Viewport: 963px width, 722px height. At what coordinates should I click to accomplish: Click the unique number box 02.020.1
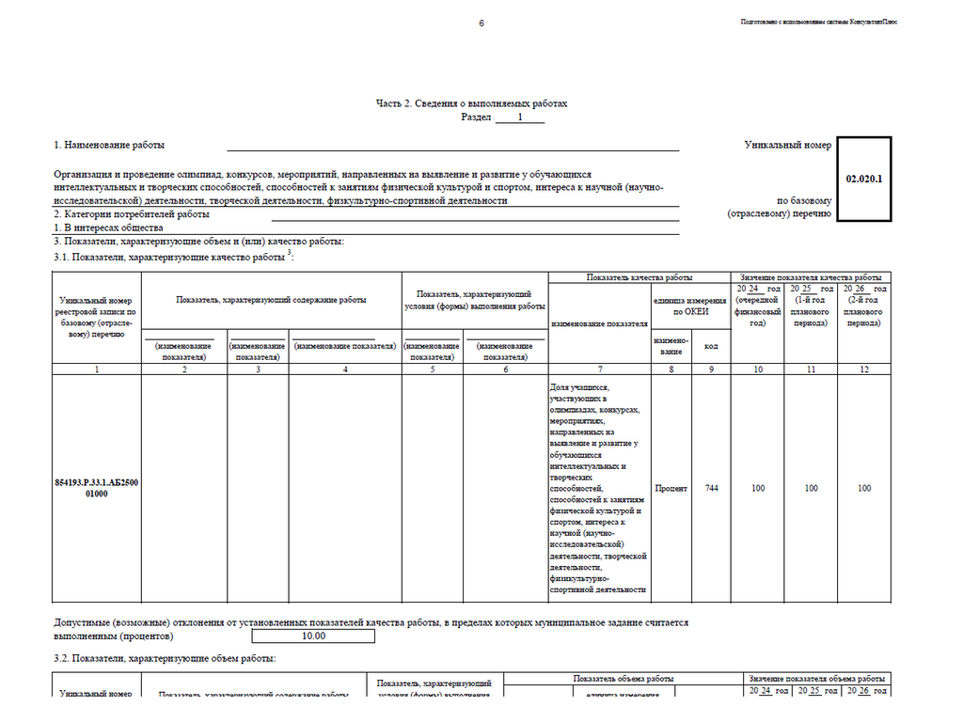tap(863, 179)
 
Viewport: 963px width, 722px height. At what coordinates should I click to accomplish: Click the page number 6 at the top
tap(481, 23)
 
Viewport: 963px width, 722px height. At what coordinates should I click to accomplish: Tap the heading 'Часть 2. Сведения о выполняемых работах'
tap(471, 103)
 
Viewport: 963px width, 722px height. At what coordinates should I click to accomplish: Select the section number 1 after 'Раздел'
tap(518, 118)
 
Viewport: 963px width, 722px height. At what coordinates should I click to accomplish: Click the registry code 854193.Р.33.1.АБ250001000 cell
tap(97, 488)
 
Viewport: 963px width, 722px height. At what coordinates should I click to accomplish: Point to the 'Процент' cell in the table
tap(672, 488)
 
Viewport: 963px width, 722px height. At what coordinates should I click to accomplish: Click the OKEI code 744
tap(712, 488)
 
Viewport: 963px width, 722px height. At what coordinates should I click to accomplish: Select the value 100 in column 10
tap(758, 488)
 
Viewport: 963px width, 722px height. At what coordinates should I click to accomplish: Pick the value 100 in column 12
tap(864, 488)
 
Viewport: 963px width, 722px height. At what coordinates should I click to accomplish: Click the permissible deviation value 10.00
tap(313, 636)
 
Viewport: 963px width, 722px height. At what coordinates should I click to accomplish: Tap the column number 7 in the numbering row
tap(599, 369)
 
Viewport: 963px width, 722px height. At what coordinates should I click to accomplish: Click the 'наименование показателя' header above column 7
tap(599, 323)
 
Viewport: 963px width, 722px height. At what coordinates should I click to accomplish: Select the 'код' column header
tap(712, 346)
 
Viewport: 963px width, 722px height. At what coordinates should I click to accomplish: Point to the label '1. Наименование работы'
tap(109, 146)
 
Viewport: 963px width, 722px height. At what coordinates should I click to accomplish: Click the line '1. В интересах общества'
tap(108, 228)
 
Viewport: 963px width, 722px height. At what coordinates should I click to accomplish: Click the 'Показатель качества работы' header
tap(639, 277)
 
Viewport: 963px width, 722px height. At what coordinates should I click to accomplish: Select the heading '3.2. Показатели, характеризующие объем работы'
tap(165, 659)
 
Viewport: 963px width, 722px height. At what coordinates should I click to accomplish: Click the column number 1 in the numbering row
tap(97, 369)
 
